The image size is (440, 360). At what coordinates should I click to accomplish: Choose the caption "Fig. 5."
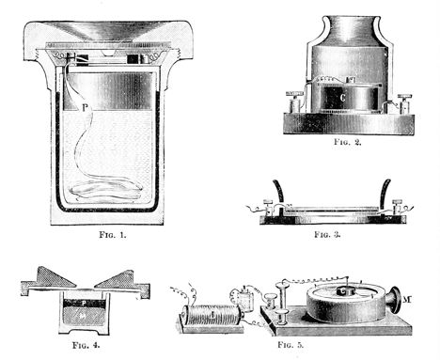point(287,347)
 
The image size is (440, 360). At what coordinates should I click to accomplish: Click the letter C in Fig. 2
point(344,98)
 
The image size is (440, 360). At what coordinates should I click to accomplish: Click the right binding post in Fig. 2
point(406,99)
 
